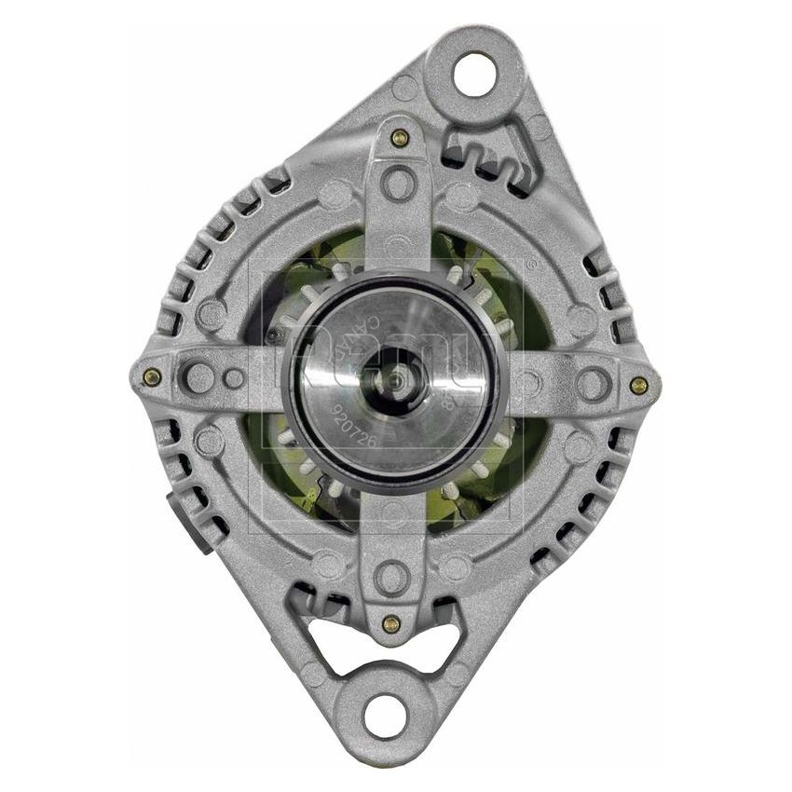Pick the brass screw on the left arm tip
click(x=152, y=376)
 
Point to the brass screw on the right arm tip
click(x=638, y=384)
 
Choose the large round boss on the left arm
click(x=198, y=377)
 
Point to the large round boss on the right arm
click(x=590, y=383)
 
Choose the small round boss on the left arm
click(x=234, y=377)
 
